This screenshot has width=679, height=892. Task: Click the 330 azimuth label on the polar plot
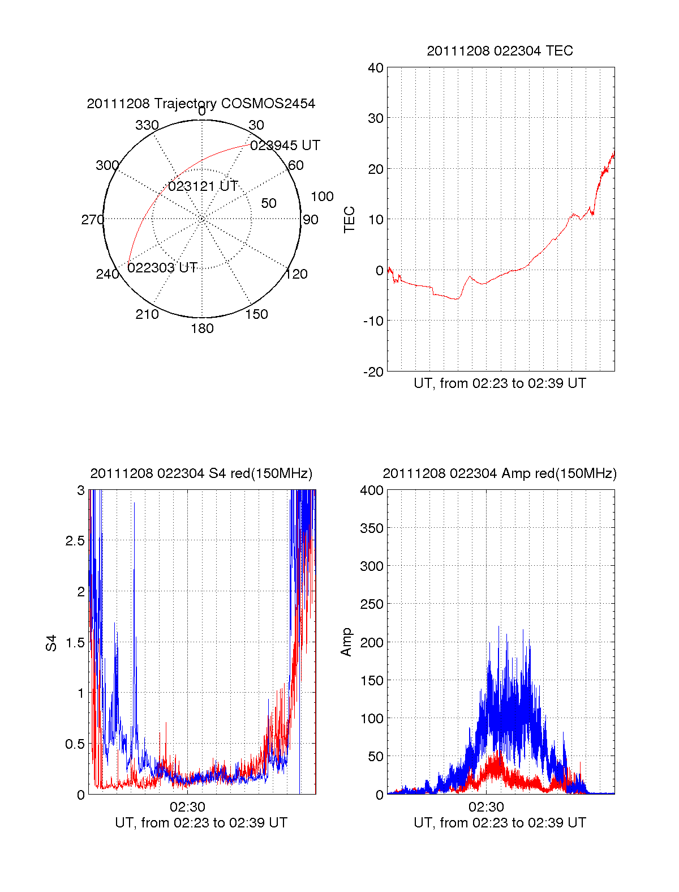tap(147, 125)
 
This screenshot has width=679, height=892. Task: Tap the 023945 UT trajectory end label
tap(285, 145)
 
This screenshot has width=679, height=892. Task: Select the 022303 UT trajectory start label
tap(162, 267)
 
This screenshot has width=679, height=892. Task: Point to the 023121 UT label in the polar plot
tap(203, 186)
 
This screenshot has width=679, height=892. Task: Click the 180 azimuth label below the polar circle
tap(202, 328)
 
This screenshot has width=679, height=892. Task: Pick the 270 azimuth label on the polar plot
tap(93, 219)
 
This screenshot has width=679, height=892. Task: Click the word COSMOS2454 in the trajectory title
tap(268, 103)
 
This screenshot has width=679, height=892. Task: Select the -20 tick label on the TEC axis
tap(373, 372)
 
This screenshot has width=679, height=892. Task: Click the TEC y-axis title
tap(349, 219)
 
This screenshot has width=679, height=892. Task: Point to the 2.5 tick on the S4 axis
tap(75, 540)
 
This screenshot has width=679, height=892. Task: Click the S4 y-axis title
tap(51, 643)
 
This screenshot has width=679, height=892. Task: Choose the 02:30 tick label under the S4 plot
tap(187, 806)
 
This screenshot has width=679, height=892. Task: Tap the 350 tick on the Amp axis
tap(372, 528)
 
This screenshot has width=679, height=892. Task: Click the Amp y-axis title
tap(346, 642)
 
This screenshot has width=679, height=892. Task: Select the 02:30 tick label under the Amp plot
tap(486, 806)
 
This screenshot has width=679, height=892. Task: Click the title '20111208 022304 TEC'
tap(500, 50)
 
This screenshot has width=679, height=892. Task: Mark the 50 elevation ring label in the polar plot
tap(269, 203)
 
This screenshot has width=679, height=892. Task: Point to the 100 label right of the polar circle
tap(322, 197)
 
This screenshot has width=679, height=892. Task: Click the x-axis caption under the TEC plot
tap(500, 383)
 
